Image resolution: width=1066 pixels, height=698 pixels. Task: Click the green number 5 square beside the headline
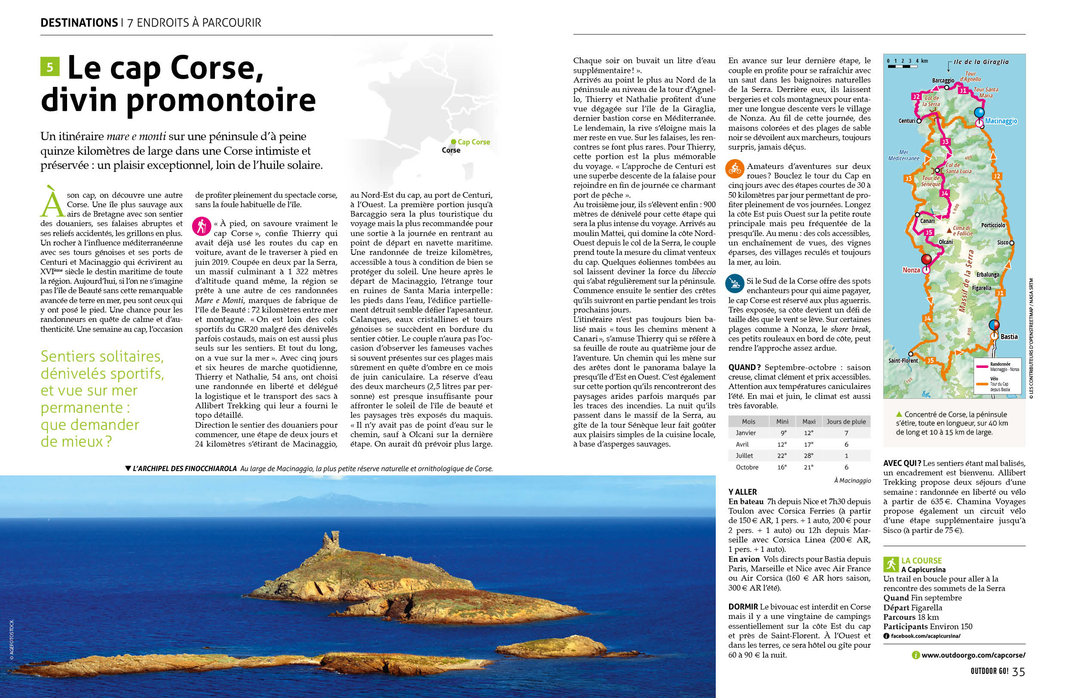[x=50, y=67]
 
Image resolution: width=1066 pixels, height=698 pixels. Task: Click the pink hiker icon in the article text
[x=202, y=226]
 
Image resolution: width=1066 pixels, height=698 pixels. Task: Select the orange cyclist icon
[x=735, y=169]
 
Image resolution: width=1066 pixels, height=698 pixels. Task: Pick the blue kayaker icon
[x=735, y=283]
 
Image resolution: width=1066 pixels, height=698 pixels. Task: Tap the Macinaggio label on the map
[x=1001, y=121]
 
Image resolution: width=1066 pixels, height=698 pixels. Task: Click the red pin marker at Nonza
[x=926, y=259]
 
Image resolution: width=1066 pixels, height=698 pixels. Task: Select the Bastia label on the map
[x=1009, y=337]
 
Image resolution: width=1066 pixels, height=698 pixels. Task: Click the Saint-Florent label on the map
[x=903, y=361]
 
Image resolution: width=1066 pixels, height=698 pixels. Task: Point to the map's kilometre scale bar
[x=902, y=66]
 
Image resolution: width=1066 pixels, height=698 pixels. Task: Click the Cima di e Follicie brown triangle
[x=949, y=230]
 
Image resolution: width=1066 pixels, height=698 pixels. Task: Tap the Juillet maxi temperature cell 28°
[x=809, y=456]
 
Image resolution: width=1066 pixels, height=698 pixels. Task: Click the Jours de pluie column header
[x=846, y=421]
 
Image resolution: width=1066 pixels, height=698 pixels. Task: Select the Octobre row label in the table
[x=747, y=467]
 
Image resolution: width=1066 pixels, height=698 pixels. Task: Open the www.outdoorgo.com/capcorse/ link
[x=973, y=655]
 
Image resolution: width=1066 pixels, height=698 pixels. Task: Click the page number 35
[x=1019, y=672]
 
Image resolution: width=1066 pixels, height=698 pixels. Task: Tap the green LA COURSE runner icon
[x=891, y=564]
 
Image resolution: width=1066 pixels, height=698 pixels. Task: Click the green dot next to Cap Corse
[x=453, y=142]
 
